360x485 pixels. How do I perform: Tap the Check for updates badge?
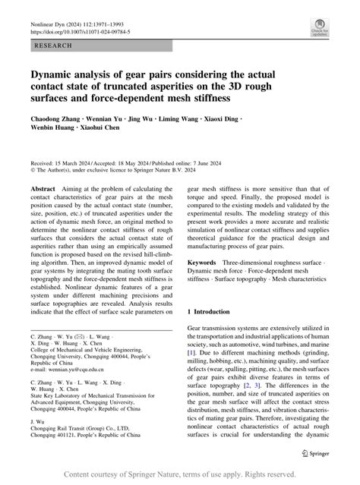pyautogui.click(x=318, y=29)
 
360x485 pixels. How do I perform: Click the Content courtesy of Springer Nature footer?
pyautogui.click(x=179, y=474)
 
